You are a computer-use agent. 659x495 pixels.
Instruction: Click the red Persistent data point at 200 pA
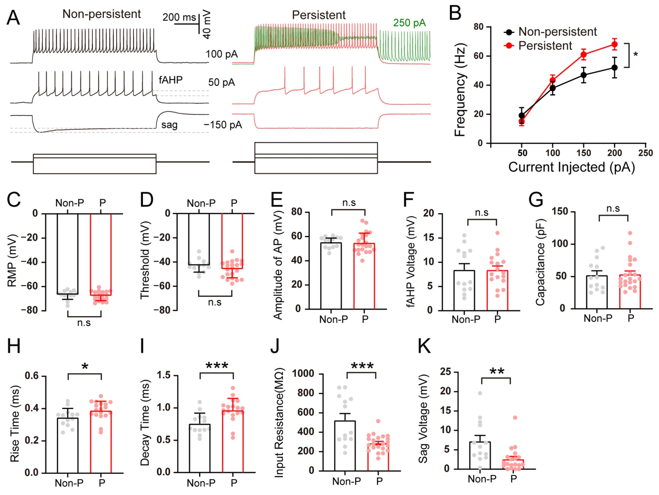pyautogui.click(x=614, y=44)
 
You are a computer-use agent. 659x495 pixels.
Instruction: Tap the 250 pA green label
pyautogui.click(x=409, y=23)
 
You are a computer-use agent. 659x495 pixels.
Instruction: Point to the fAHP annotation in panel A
pyautogui.click(x=170, y=80)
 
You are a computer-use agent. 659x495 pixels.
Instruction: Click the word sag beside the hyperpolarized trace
pyautogui.click(x=169, y=125)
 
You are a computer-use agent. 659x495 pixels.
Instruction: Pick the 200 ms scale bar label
pyautogui.click(x=179, y=17)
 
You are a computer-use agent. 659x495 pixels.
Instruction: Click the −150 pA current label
pyautogui.click(x=223, y=125)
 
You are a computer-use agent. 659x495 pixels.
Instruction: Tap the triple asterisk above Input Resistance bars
pyautogui.click(x=362, y=366)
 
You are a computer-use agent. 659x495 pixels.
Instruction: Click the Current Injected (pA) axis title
pyautogui.click(x=571, y=167)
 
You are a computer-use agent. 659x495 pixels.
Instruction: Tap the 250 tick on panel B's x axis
pyautogui.click(x=645, y=153)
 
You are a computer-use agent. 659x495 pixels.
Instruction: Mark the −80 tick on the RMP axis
pyautogui.click(x=29, y=310)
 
